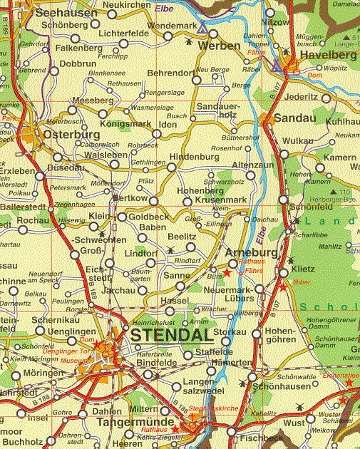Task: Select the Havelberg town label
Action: (x=328, y=55)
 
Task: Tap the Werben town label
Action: (x=219, y=45)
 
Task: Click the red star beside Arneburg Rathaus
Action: (x=227, y=272)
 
